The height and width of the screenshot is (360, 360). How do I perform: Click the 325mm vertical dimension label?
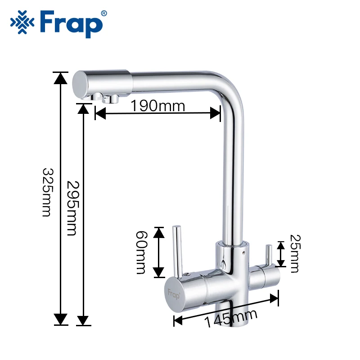pos(46,192)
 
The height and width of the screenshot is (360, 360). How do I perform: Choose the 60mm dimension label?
pos(141,252)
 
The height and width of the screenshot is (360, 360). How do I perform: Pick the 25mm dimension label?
pos(294,253)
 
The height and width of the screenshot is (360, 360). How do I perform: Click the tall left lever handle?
pos(177,250)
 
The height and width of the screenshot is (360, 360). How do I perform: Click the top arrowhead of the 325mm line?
pos(60,77)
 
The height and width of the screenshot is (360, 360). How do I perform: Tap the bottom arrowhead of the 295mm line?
pos(83,319)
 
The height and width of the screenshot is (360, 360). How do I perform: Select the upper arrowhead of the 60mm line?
pos(159,232)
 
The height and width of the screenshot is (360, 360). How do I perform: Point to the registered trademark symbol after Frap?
pos(104,13)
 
